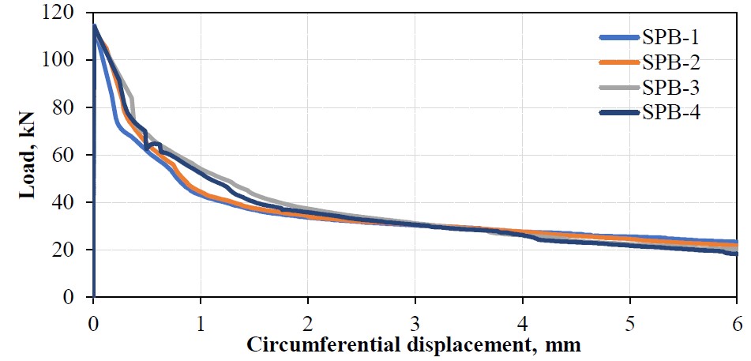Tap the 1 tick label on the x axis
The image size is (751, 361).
(201, 325)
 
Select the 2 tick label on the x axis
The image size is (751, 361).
(308, 325)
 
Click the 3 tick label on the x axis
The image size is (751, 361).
(415, 325)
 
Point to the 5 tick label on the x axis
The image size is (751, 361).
(629, 325)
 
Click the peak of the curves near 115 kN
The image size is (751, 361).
(95, 26)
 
